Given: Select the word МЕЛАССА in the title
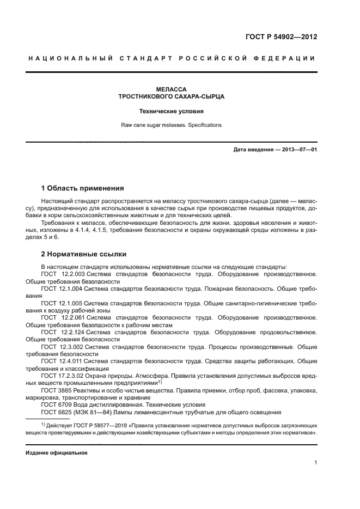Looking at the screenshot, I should pos(172,89).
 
